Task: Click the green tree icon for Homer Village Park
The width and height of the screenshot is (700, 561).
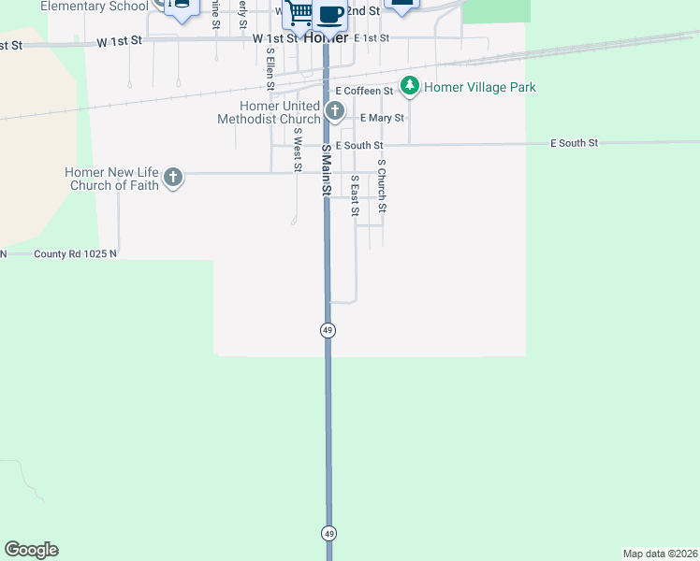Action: (409, 87)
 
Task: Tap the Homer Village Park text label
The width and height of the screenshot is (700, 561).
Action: (480, 87)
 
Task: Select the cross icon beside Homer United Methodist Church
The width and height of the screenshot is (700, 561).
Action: (335, 112)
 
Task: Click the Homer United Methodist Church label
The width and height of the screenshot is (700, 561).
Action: (269, 113)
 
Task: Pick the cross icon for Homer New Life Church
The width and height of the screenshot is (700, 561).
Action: (172, 178)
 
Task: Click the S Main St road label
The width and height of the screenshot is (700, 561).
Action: (327, 170)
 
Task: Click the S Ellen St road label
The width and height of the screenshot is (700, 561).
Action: (270, 73)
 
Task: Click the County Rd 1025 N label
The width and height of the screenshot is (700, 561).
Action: (76, 253)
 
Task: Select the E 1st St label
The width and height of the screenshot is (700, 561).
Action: (372, 38)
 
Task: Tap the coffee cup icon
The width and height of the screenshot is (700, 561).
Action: (330, 13)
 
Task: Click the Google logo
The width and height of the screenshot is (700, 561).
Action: (31, 550)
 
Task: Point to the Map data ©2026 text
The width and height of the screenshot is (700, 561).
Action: (660, 554)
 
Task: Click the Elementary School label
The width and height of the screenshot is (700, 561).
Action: (94, 6)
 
